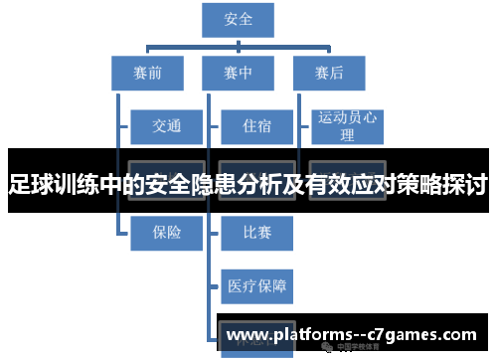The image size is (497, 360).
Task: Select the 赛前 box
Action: [x=147, y=72]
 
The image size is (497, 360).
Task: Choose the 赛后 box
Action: [x=329, y=72]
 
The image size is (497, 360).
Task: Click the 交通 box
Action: [x=166, y=126]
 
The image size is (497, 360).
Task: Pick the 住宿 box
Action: [x=256, y=126]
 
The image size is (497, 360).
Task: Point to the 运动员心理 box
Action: [x=347, y=126]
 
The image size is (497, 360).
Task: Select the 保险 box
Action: [x=166, y=232]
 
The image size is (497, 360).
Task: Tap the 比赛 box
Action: [x=256, y=232]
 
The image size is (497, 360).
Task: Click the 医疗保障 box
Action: [x=256, y=285]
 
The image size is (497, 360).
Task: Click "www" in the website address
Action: [x=248, y=336]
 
